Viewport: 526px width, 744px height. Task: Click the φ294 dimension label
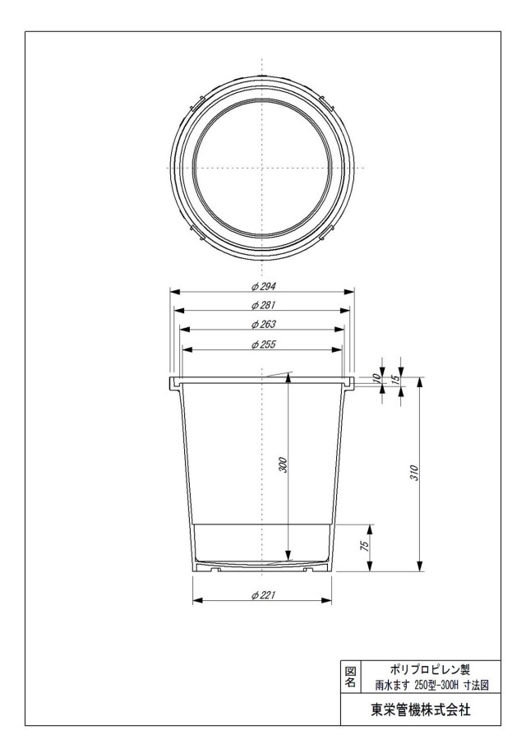click(263, 287)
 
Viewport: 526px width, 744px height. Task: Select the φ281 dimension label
click(263, 305)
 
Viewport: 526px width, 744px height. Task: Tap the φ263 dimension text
click(263, 325)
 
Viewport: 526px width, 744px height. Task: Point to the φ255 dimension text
click(263, 344)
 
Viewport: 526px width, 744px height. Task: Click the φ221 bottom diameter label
click(263, 595)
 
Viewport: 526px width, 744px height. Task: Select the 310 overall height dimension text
click(414, 473)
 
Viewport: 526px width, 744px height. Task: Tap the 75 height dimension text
click(365, 546)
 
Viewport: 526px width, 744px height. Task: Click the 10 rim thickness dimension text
click(377, 378)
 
